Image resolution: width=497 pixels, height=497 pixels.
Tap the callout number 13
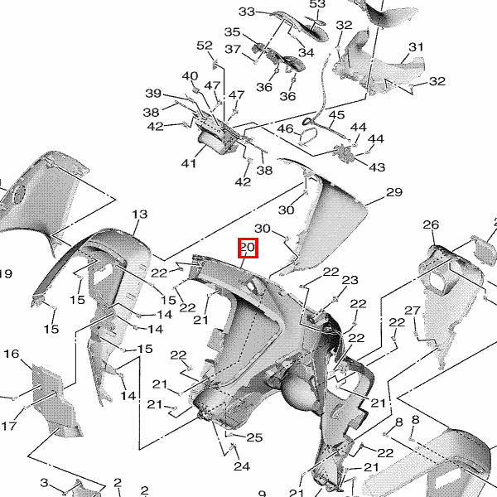click(x=139, y=215)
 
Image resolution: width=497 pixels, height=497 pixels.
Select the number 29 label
click(x=394, y=192)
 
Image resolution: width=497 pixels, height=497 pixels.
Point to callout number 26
click(x=431, y=224)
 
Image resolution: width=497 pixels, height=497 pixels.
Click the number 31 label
click(x=416, y=46)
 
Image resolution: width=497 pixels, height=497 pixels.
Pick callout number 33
click(x=248, y=12)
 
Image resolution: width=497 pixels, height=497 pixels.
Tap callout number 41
click(x=190, y=163)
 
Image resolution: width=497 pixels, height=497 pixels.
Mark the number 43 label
click(x=377, y=166)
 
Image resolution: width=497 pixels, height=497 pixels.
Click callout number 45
click(x=337, y=115)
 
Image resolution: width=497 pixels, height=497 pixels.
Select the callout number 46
click(x=285, y=128)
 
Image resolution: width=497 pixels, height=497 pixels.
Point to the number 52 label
click(x=205, y=45)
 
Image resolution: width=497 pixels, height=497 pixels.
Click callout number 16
click(x=11, y=354)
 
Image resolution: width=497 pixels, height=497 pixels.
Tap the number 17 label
click(x=8, y=426)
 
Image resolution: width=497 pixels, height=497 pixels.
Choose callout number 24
click(x=241, y=466)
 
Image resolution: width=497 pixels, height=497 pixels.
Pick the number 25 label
click(x=254, y=437)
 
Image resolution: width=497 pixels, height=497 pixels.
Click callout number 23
click(x=350, y=280)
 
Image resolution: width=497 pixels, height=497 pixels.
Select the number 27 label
click(x=413, y=311)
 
